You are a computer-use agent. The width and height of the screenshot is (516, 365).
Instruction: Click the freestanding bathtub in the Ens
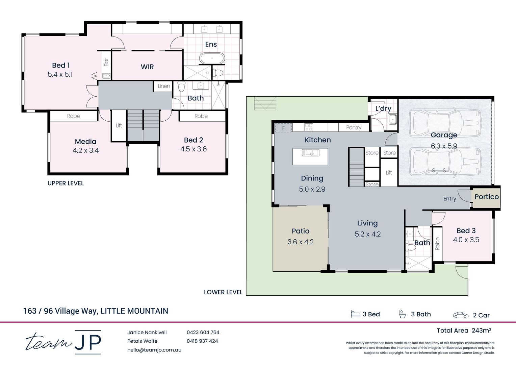coord(212,58)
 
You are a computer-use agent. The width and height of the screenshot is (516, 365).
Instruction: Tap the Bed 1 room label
coord(61,65)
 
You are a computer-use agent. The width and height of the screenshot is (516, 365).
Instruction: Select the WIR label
coord(147,67)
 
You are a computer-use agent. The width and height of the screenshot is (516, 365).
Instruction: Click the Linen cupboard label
coord(164,86)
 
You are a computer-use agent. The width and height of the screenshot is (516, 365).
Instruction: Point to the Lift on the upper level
coord(119,125)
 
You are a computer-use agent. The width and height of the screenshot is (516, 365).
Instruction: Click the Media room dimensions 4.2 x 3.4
coord(86,150)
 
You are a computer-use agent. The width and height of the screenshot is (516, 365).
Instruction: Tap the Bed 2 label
coord(193,140)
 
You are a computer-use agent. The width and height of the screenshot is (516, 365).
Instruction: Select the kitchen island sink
coord(310,153)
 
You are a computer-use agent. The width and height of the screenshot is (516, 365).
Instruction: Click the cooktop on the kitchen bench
coord(309,127)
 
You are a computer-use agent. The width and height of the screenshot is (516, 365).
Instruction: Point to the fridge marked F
coord(283,128)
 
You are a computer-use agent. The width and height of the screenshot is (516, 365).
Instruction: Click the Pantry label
coord(354,127)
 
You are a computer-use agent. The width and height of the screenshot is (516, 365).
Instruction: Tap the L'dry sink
coord(392,119)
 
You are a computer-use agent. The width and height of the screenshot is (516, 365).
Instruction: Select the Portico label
coord(486,197)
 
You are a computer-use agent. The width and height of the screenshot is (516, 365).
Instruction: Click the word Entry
coord(449,199)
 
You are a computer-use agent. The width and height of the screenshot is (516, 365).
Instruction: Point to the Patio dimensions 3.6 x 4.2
coord(301,242)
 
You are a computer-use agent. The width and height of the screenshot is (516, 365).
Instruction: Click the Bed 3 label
coord(466,230)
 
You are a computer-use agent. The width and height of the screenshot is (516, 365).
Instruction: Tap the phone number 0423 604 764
coord(203,333)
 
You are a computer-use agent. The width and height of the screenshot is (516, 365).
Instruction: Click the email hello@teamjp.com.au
coord(154,350)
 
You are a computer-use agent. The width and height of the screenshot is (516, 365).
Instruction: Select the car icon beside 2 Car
coord(461,315)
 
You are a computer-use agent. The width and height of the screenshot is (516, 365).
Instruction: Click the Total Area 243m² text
coord(464,331)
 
